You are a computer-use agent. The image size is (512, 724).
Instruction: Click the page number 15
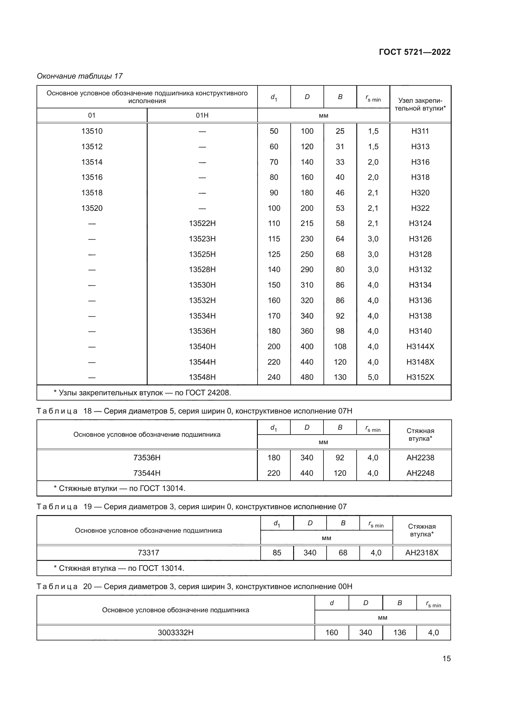click(x=446, y=658)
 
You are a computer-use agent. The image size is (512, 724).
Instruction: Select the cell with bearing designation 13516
click(x=92, y=177)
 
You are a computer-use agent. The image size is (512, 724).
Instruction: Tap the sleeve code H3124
click(x=420, y=223)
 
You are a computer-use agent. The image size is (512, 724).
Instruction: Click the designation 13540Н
click(x=202, y=347)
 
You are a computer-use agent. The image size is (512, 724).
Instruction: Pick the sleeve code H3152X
click(x=420, y=377)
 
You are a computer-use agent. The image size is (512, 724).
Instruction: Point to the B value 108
click(x=340, y=347)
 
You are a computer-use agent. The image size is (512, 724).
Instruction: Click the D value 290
click(x=307, y=269)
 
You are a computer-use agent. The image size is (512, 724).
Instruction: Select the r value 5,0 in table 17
click(x=373, y=377)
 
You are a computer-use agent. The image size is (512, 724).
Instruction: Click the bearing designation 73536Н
click(x=147, y=457)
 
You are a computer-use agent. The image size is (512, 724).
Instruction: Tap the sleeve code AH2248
click(x=420, y=473)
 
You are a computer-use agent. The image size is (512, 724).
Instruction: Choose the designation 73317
click(x=149, y=553)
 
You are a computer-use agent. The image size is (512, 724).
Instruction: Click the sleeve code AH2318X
click(x=422, y=553)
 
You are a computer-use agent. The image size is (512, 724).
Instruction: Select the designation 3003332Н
click(x=176, y=633)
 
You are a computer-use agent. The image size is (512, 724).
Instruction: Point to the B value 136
click(x=399, y=633)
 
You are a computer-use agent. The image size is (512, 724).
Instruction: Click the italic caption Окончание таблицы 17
click(x=80, y=76)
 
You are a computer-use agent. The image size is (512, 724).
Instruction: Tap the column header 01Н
click(x=202, y=115)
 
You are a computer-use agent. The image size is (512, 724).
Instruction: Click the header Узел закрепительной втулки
click(x=420, y=104)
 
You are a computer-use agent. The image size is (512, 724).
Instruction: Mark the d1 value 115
click(x=274, y=239)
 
